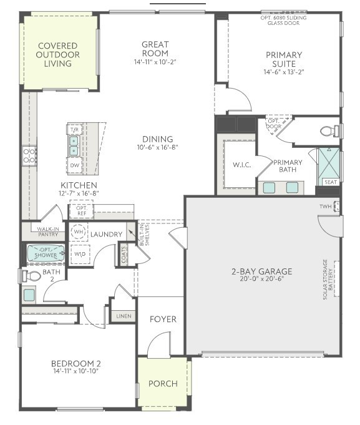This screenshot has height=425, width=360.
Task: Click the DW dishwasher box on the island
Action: coord(74,165)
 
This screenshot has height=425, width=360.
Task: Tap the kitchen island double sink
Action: coord(74,145)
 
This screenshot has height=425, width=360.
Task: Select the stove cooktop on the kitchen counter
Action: coord(29,155)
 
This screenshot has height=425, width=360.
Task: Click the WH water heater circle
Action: coord(79,232)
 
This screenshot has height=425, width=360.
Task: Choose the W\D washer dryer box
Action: coord(79,254)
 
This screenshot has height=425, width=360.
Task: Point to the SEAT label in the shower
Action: coord(329,182)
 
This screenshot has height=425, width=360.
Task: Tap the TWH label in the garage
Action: coord(325,207)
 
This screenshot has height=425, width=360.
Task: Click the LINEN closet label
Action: coord(123,316)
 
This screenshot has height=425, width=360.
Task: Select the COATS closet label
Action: coord(124,254)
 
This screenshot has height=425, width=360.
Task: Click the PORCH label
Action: coord(162,383)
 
